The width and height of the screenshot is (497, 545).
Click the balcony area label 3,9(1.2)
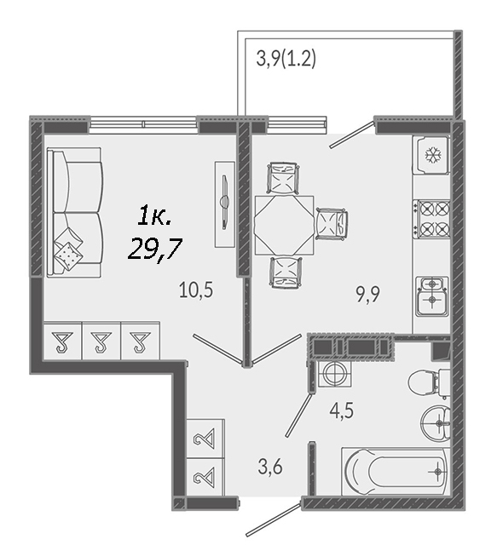coord(286,59)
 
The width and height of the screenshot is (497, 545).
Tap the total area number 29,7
coord(155,250)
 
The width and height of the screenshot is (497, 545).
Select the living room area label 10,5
coord(196,290)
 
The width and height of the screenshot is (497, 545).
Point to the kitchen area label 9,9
coord(368,295)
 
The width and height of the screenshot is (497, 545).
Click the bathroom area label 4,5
coord(342,410)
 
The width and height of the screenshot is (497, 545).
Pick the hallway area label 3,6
coord(270,467)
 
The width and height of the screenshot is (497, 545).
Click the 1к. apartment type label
coord(154,215)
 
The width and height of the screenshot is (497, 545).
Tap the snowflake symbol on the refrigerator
coord(432,155)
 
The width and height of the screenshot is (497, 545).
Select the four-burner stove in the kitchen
coord(431,219)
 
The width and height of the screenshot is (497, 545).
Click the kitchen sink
coord(432,296)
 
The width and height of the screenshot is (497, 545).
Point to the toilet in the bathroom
coord(429,383)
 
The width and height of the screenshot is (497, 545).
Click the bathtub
coord(396,471)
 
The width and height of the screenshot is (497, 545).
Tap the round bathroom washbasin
coord(436,423)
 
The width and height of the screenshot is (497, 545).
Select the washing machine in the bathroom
coord(335,374)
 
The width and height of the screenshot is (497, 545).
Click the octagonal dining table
coord(285,225)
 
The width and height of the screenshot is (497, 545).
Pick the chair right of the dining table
coord(332,224)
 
